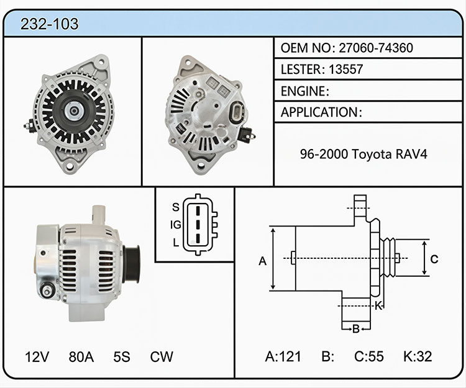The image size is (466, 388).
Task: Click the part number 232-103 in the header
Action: pyautogui.click(x=49, y=24)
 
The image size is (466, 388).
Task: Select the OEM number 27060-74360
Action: pyautogui.click(x=376, y=48)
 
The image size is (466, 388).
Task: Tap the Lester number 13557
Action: pyautogui.click(x=345, y=69)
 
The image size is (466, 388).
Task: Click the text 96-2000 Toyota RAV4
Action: pyautogui.click(x=363, y=154)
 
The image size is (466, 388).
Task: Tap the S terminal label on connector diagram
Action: pyautogui.click(x=176, y=207)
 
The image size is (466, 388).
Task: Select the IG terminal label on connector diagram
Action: pyautogui.click(x=176, y=225)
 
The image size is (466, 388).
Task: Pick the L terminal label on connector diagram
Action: pyautogui.click(x=176, y=243)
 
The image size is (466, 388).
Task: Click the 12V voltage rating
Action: pyautogui.click(x=37, y=357)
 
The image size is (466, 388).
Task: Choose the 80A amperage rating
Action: pyautogui.click(x=81, y=357)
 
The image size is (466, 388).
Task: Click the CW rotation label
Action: pyautogui.click(x=162, y=357)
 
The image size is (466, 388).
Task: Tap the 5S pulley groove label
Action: pyautogui.click(x=122, y=357)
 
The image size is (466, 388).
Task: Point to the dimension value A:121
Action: pyautogui.click(x=283, y=356)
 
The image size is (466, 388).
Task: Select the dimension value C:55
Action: pyautogui.click(x=369, y=356)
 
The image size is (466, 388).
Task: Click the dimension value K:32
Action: pyautogui.click(x=418, y=356)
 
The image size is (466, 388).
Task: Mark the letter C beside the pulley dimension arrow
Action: pyautogui.click(x=434, y=259)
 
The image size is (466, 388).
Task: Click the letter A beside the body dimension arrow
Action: pyautogui.click(x=262, y=261)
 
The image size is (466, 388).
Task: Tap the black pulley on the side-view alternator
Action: pyautogui.click(x=131, y=264)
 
